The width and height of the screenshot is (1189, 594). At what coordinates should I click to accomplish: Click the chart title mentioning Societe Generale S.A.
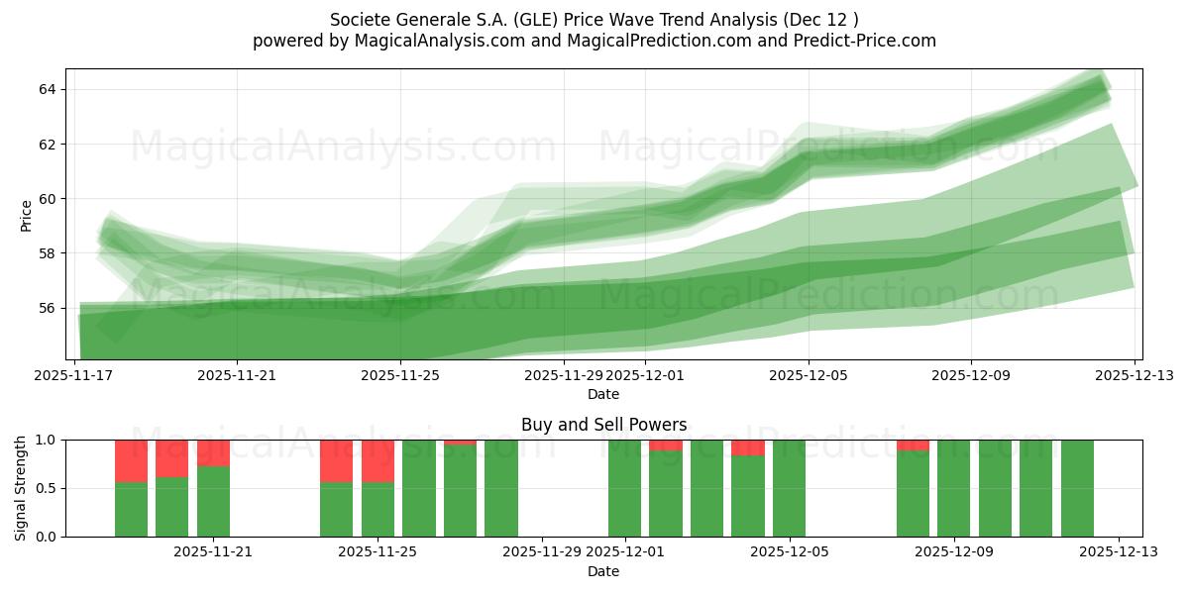tap(594, 19)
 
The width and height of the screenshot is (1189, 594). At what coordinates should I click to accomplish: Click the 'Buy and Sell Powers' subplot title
tap(603, 425)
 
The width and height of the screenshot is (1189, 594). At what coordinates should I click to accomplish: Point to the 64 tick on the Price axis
tap(47, 89)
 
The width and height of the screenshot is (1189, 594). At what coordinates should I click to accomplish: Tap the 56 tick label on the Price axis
tap(47, 308)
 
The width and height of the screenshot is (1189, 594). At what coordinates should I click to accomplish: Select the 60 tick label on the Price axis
tap(47, 199)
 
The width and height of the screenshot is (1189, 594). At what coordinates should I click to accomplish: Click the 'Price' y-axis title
tap(26, 214)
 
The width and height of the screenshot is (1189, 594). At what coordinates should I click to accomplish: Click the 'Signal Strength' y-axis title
tap(21, 488)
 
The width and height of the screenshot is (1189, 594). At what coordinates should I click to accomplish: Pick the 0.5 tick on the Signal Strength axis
tap(45, 488)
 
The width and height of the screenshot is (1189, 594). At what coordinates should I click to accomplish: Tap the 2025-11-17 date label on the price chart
tap(74, 375)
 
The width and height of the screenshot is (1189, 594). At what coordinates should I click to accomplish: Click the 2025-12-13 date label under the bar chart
tap(1119, 552)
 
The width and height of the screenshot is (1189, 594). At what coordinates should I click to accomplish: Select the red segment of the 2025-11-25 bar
tap(378, 461)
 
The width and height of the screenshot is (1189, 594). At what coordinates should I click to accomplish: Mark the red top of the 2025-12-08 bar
tap(913, 445)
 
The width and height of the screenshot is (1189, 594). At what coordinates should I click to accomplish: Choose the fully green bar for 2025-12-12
tap(1077, 488)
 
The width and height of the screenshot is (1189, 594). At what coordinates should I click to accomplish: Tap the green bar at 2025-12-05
tap(789, 488)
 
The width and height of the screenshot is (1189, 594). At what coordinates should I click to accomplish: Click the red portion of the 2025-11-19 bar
tap(131, 461)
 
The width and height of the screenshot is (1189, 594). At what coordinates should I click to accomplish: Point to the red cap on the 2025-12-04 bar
tap(748, 447)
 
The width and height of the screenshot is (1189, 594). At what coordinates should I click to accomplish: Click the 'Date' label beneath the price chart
tap(603, 394)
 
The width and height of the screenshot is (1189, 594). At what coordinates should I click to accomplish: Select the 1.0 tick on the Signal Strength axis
tap(45, 440)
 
